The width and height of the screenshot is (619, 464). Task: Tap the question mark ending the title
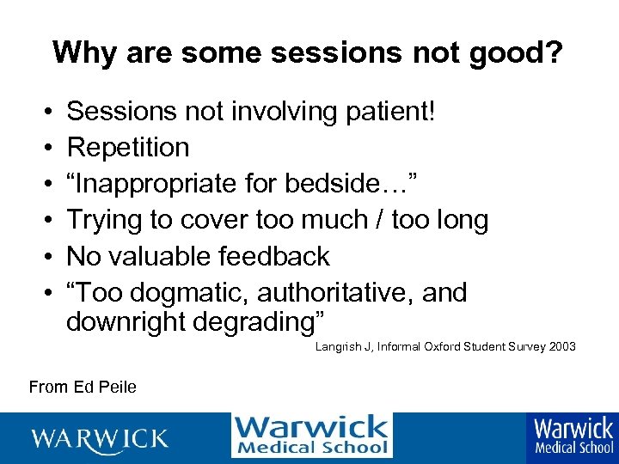554,52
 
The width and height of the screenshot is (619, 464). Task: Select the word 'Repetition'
128,148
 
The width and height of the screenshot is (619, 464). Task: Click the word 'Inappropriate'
155,184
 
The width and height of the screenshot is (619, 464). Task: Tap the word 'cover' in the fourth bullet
211,220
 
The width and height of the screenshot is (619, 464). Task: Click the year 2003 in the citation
561,347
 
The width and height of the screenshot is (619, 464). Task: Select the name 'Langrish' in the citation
338,347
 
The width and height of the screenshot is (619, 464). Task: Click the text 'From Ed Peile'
83,387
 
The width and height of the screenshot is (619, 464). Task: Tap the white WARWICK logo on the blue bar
100,438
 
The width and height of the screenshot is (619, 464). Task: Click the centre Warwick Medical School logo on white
311,435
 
